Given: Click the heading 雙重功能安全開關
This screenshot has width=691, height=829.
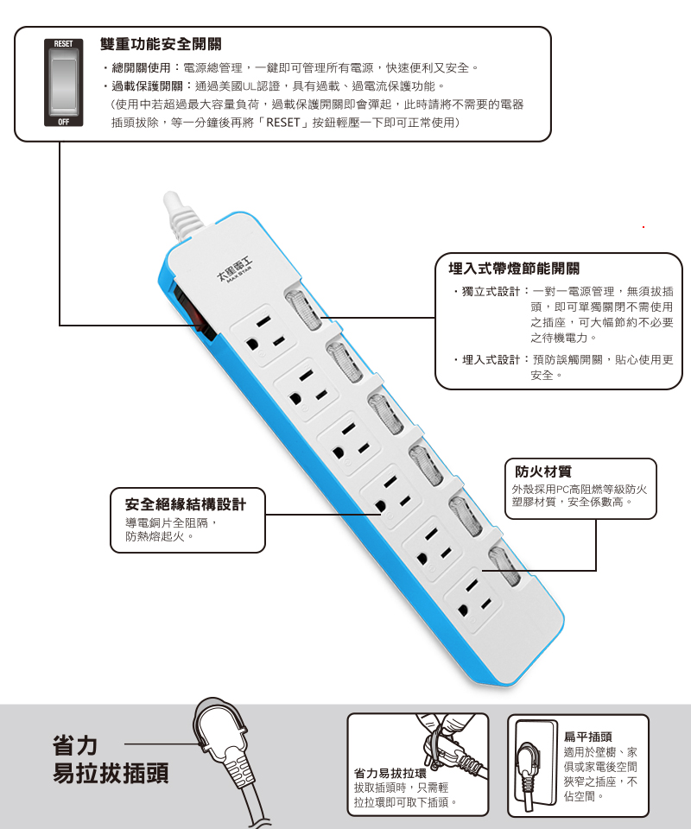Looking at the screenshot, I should point(160,44).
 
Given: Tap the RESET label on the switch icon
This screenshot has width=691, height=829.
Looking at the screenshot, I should point(63,42).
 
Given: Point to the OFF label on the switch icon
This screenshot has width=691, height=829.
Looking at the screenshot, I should point(63,123).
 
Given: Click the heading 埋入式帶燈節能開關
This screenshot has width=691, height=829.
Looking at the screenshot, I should point(514,269).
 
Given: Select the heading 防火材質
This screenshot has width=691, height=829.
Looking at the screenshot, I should point(543,471).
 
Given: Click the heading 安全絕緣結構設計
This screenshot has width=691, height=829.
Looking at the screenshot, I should point(186,504).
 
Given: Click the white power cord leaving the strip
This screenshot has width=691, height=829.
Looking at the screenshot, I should point(184,215).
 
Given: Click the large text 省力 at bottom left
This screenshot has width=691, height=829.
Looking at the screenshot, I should point(75,745).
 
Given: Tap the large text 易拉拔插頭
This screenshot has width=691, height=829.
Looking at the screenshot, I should point(111,773).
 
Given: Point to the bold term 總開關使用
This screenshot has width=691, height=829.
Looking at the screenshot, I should point(141,67).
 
